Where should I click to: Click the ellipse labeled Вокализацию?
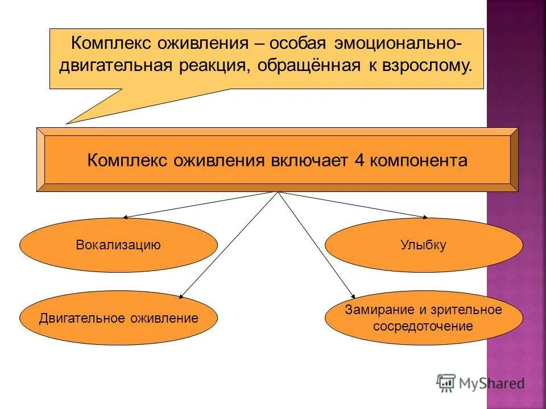(118, 245)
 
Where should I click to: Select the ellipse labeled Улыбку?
(423, 245)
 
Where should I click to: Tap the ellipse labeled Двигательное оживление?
(118, 318)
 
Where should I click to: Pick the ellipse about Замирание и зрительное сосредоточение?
(423, 318)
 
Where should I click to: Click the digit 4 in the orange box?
(359, 160)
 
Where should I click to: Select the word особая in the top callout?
(305, 44)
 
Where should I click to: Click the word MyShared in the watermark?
(492, 384)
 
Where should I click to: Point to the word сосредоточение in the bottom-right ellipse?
(423, 326)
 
